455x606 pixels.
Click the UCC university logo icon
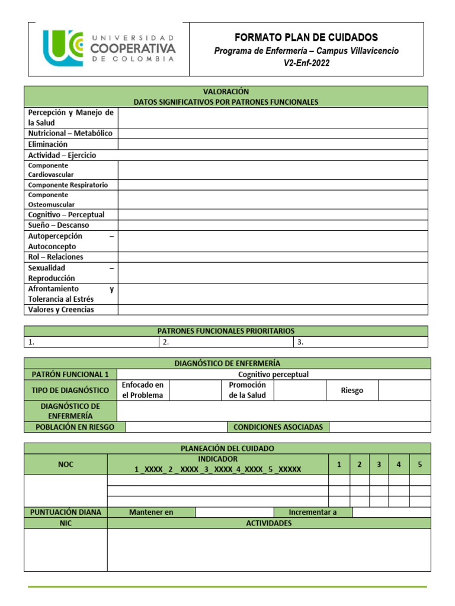63,49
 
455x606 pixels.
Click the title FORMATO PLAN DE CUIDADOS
306,37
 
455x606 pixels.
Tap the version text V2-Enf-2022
306,63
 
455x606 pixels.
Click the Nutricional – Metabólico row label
70,133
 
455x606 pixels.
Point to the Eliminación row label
48,144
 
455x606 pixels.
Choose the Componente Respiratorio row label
68,185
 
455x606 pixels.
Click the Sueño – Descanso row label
58,225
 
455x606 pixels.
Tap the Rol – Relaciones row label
56,257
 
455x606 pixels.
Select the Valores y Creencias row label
61,310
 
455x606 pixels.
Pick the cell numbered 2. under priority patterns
226,342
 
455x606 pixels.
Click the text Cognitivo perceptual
273,374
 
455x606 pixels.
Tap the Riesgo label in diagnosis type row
352,391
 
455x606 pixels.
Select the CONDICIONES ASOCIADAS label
278,427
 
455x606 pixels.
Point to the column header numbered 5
419,465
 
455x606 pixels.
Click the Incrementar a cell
312,512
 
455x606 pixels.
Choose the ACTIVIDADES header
268,523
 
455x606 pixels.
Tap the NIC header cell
65,523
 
